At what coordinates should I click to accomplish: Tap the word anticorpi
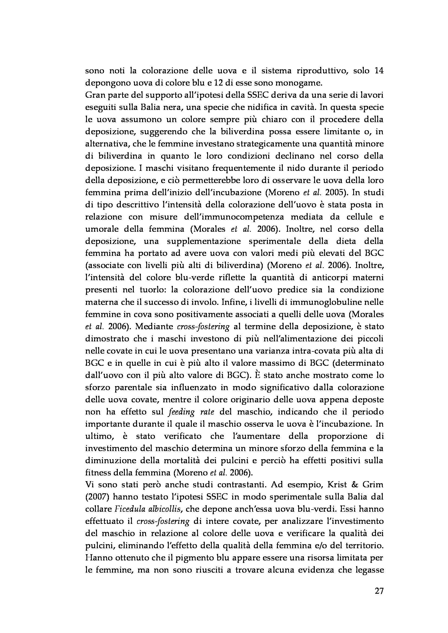(x=326, y=277)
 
